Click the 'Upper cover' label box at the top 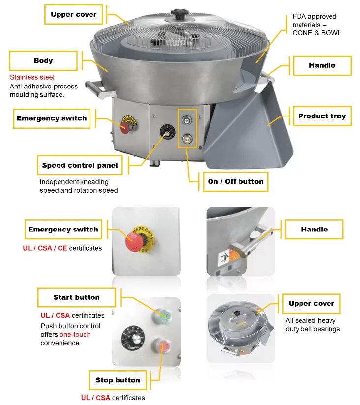coord(74,14)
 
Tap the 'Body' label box coord(43,60)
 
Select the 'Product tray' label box coord(322,116)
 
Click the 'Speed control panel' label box coord(80,165)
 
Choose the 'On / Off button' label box coord(236,181)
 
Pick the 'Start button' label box coord(77,297)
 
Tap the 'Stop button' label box coord(118,380)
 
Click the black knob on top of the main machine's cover coord(179,14)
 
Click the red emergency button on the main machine coord(125,127)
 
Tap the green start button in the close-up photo coord(162,316)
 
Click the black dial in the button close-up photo coord(133,338)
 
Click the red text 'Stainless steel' coord(32,77)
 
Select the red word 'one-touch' coord(75,335)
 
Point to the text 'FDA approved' coord(314,17)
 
